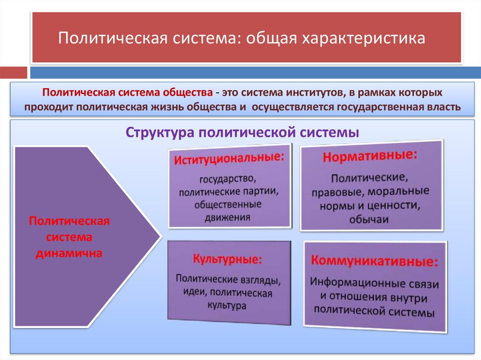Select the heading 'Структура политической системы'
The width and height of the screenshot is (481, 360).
point(242,132)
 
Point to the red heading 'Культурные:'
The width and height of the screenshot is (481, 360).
point(227,259)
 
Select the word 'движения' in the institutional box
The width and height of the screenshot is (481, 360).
point(227,217)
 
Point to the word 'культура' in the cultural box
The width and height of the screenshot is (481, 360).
point(227,305)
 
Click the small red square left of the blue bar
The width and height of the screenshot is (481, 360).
point(13,73)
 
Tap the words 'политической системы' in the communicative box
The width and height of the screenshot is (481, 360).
point(373,311)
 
